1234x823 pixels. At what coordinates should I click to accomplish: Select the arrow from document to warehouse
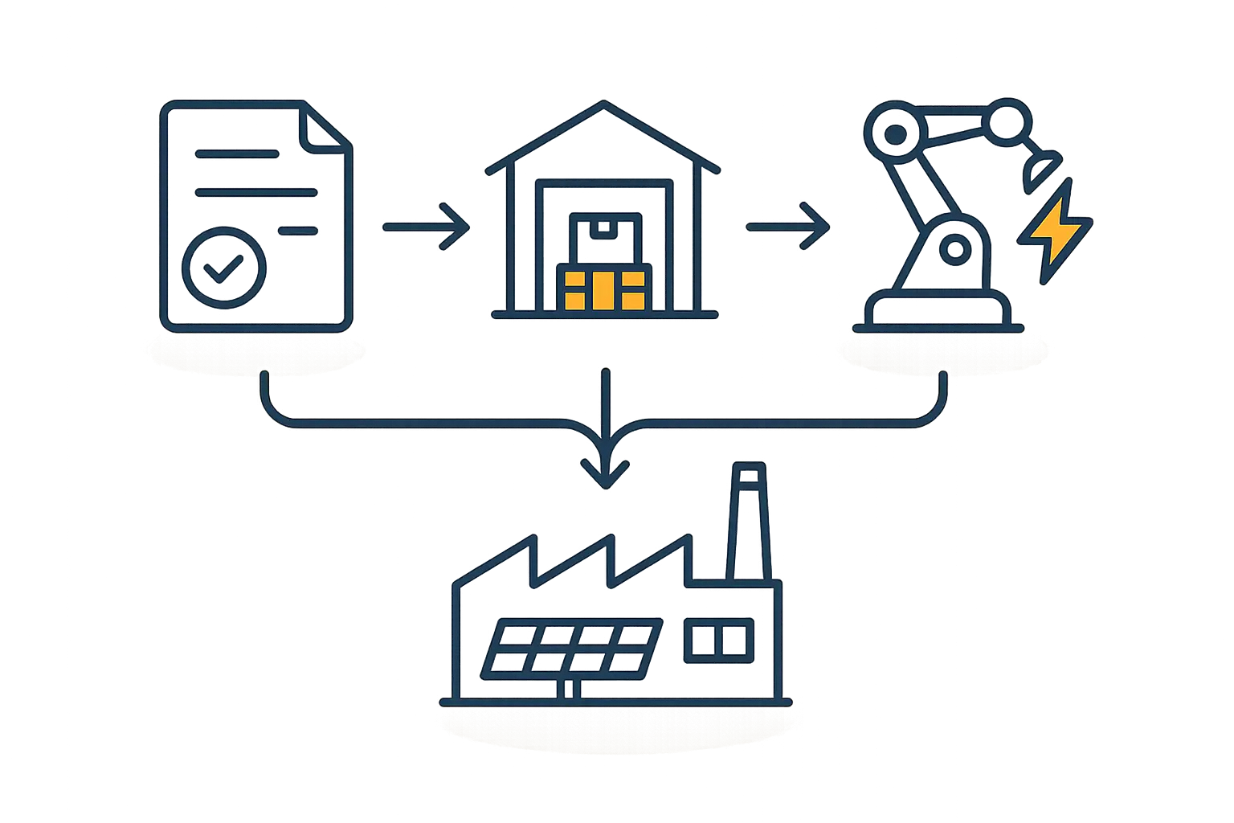pyautogui.click(x=426, y=227)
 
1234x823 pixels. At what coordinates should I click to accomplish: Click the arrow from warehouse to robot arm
pyautogui.click(x=787, y=227)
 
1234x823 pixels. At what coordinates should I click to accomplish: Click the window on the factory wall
pyautogui.click(x=720, y=641)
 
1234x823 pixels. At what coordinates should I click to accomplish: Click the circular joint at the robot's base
pyautogui.click(x=954, y=249)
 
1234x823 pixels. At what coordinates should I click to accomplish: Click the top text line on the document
pyautogui.click(x=237, y=154)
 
